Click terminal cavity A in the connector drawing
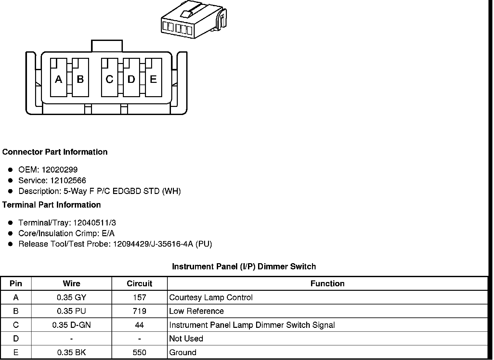coord(58,78)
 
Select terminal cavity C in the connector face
coord(110,78)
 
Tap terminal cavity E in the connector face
coord(153,78)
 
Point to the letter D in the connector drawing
coord(131,79)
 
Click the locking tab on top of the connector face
coord(107,46)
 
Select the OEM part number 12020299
coord(59,170)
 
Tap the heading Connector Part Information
coord(55,152)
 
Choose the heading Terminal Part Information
coord(52,205)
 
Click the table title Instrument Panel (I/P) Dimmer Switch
coord(244,267)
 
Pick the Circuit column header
coord(139,284)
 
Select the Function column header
coord(327,284)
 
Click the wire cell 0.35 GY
coord(71,297)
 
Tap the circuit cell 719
coord(139,311)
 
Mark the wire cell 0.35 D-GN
coord(71,325)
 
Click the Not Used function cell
coord(186,339)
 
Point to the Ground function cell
coord(183,353)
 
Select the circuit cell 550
coord(139,353)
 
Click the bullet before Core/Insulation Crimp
coord(10,233)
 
